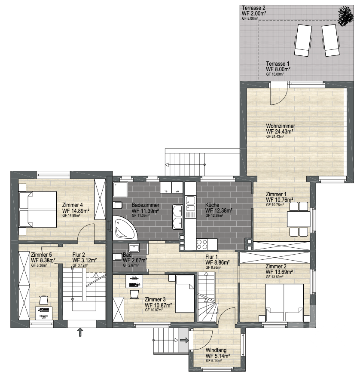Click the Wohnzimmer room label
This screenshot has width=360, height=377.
tap(281, 126)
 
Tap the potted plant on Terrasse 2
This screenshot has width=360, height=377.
tap(346, 16)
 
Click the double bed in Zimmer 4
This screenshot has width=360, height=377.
tap(38, 210)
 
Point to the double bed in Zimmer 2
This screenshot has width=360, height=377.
tap(284, 302)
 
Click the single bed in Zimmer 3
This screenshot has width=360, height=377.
tap(185, 294)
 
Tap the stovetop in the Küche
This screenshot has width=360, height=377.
tap(202, 244)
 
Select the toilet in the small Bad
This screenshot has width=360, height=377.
tap(118, 257)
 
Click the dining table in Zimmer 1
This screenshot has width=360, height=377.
tap(299, 219)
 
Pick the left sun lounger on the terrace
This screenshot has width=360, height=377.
tap(303, 40)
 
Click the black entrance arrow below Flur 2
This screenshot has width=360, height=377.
tap(80, 332)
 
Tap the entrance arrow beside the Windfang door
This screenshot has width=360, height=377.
tap(184, 340)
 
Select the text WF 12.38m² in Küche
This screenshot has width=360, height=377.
tap(219, 211)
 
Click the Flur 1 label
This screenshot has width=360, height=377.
tap(211, 257)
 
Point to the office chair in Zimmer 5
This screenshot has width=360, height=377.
tap(43, 300)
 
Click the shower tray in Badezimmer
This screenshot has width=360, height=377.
tap(120, 189)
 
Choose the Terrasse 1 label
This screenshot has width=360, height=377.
tap(278, 64)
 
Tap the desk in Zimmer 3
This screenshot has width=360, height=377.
tap(134, 281)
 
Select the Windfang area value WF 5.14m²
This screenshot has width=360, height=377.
tap(218, 356)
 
